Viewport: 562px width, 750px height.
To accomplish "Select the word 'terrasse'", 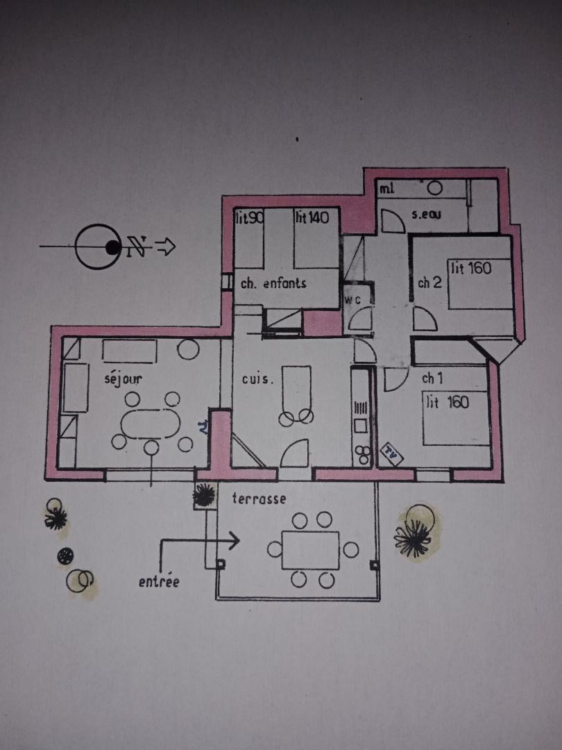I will tap(259, 499).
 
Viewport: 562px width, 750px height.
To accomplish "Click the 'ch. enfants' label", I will tap(273, 283).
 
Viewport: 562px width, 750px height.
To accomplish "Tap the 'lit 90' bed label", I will tap(248, 218).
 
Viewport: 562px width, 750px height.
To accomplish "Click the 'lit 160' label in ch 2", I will tap(472, 268).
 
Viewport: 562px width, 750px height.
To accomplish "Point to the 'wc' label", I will tap(354, 300).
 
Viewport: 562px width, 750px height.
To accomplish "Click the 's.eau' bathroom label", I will tap(427, 215).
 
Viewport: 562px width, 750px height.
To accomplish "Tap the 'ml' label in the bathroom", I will tap(386, 187).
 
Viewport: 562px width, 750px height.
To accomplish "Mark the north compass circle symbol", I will tap(96, 247).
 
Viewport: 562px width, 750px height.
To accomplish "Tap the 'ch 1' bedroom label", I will tap(433, 378).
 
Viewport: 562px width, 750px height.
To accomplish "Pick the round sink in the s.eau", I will tap(435, 187).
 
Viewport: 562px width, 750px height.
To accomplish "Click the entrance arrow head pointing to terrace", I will tap(234, 540).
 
